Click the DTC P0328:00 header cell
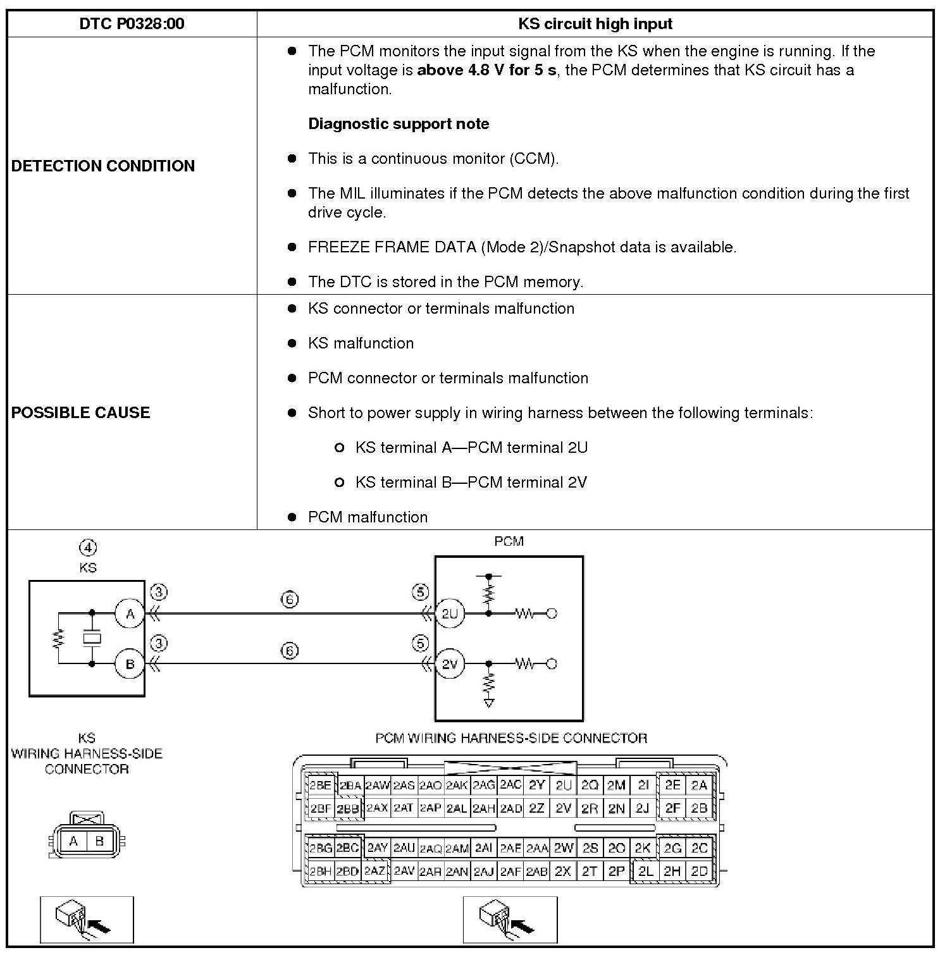(132, 24)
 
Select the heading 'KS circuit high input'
(595, 24)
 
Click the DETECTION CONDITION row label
(103, 166)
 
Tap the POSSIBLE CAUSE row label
(80, 412)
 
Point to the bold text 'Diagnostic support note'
(399, 123)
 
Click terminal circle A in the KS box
(130, 613)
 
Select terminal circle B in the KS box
(130, 664)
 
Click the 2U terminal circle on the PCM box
(450, 613)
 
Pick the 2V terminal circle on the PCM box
(450, 664)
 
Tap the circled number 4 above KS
(88, 548)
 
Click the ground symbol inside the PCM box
(488, 702)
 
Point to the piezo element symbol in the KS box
(92, 639)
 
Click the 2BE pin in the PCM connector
(320, 786)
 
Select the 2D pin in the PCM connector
(699, 871)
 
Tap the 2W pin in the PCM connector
(563, 848)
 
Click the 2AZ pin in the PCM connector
(374, 871)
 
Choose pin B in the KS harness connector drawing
(99, 841)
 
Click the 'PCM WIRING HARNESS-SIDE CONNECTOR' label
(511, 738)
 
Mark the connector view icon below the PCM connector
(510, 919)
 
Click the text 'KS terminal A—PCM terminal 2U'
(471, 448)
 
